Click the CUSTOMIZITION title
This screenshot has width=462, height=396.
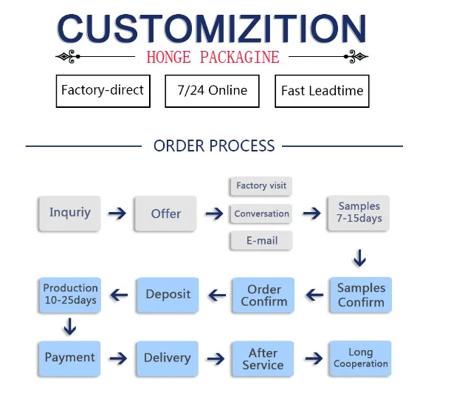click(x=212, y=29)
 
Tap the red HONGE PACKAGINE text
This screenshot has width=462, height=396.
click(x=213, y=57)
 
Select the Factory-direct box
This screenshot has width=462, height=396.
click(x=103, y=91)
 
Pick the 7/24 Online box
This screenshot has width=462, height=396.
click(x=213, y=91)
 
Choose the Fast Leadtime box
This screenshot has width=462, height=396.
click(x=322, y=92)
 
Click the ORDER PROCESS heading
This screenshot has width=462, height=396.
click(x=214, y=146)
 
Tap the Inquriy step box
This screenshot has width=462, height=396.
click(x=69, y=213)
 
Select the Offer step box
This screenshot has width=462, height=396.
click(x=165, y=214)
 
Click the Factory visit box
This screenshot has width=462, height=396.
click(x=261, y=185)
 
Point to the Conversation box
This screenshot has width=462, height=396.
click(x=261, y=214)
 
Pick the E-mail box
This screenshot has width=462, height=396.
click(x=261, y=240)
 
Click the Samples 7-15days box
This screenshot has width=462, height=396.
click(x=359, y=213)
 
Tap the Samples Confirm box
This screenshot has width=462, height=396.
click(x=360, y=295)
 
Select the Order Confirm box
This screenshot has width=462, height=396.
click(x=263, y=295)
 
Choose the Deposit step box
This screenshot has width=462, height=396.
click(x=168, y=294)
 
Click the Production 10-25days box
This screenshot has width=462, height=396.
click(x=70, y=294)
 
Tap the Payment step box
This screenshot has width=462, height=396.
click(x=69, y=358)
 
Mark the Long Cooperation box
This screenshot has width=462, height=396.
click(x=360, y=358)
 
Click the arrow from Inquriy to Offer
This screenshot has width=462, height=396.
click(x=117, y=214)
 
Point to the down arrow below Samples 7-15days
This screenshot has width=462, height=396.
click(x=359, y=259)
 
